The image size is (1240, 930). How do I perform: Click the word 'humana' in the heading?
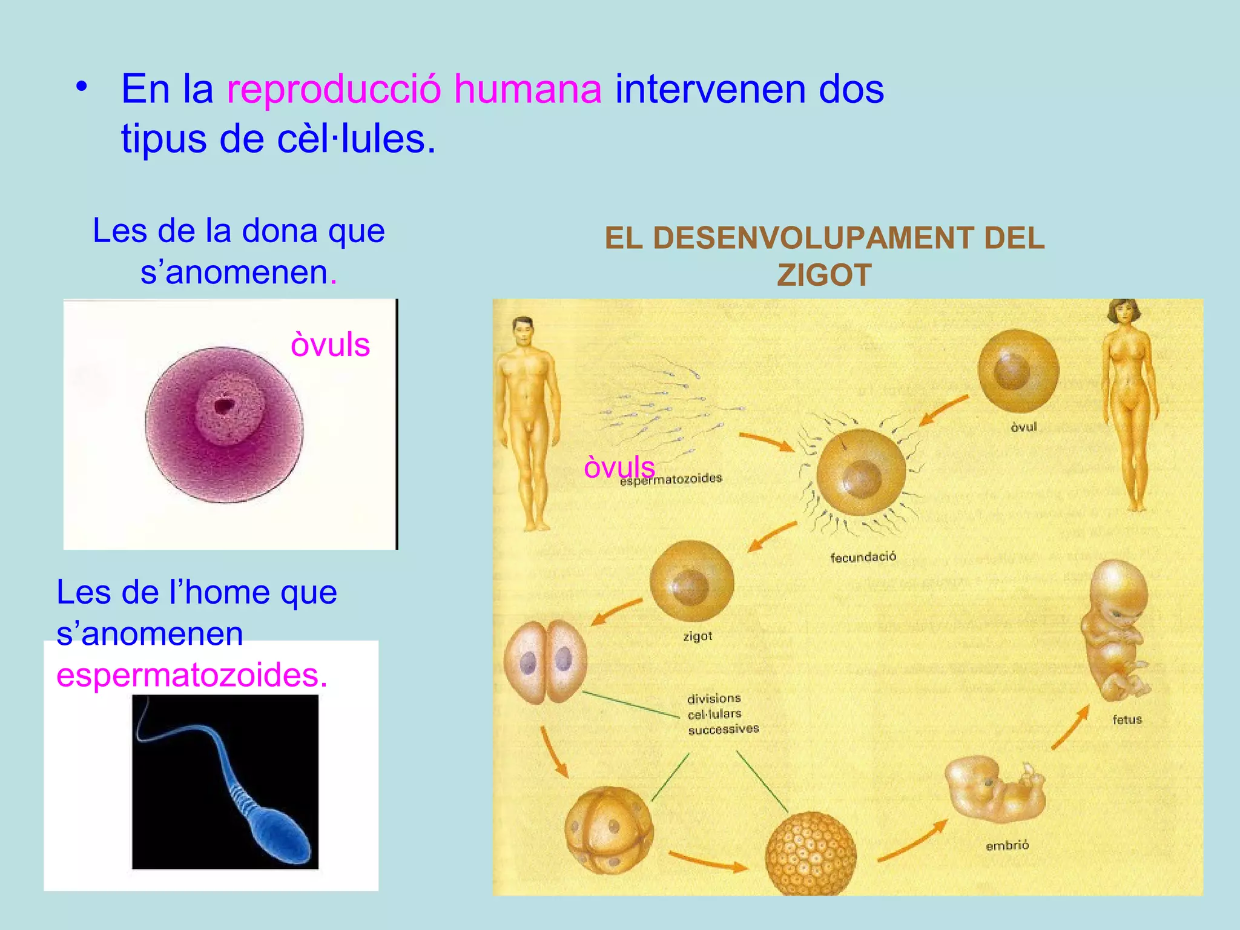tap(527, 90)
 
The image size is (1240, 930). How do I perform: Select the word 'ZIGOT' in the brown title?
tap(824, 275)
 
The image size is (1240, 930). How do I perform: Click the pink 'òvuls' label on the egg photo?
tap(330, 345)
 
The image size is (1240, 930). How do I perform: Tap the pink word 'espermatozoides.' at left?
tap(192, 675)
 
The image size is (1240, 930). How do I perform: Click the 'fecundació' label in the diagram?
tap(863, 557)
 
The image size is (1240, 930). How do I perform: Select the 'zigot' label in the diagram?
tap(697, 636)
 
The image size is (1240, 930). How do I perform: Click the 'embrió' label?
tap(1007, 846)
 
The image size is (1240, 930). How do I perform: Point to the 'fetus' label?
tap(1127, 720)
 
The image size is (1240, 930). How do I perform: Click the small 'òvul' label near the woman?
tap(1023, 427)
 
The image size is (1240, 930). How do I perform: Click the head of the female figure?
tap(1124, 313)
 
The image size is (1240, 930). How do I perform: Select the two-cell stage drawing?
tap(546, 661)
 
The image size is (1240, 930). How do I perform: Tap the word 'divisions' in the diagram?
tap(714, 699)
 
